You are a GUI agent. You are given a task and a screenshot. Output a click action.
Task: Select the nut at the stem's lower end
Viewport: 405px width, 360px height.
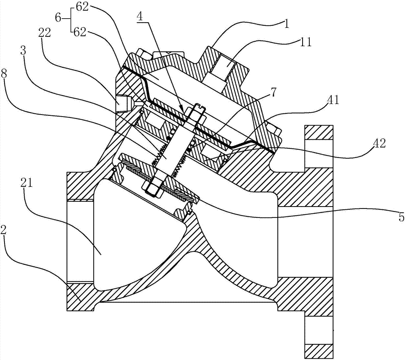[151, 187]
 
